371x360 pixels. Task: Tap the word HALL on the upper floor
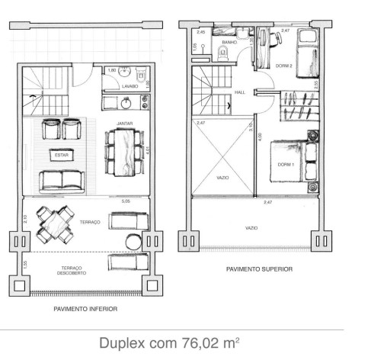(x=240, y=92)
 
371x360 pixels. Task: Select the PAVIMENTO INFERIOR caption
(x=85, y=310)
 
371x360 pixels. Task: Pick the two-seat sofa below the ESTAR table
(x=62, y=180)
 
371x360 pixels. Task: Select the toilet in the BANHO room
(x=222, y=52)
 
